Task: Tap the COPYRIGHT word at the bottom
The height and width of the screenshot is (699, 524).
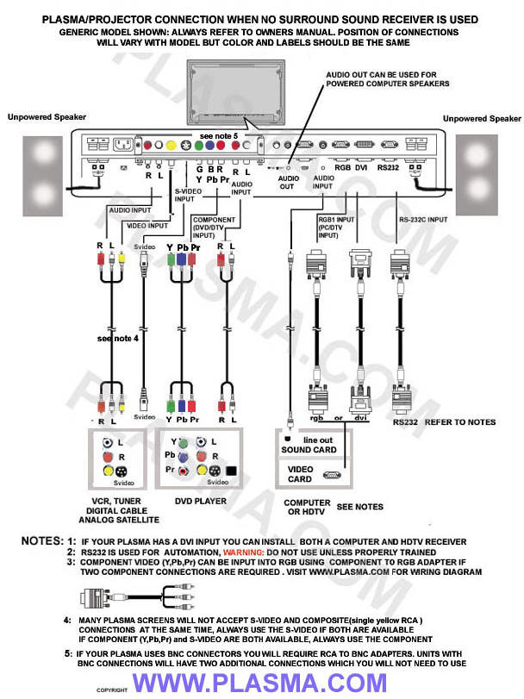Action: pyautogui.click(x=111, y=691)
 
